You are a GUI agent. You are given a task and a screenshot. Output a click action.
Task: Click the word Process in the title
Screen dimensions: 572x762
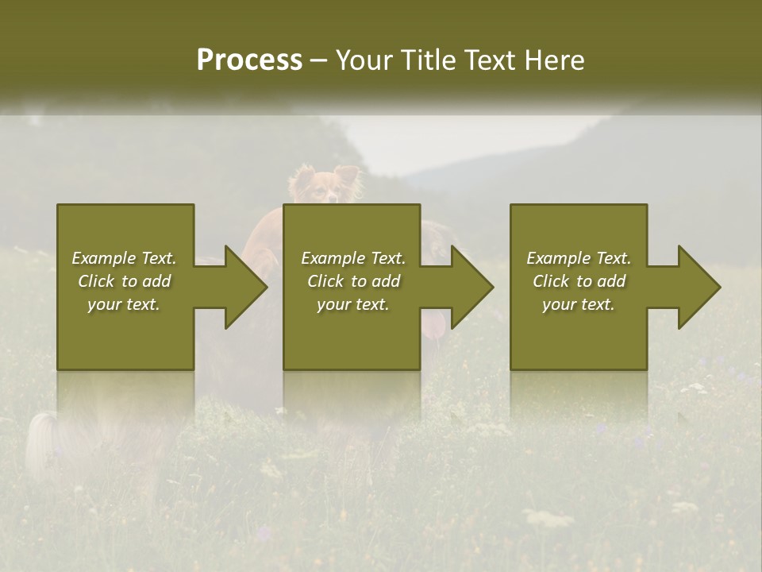(249, 60)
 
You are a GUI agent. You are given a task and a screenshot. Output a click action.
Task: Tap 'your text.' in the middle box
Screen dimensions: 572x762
(352, 304)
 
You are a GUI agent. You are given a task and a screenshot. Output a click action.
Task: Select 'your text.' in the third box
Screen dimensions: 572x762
(578, 304)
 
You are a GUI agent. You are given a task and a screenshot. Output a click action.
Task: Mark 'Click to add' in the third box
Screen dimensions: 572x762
(579, 281)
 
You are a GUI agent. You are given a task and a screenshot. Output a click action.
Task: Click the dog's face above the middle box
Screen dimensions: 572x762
(324, 189)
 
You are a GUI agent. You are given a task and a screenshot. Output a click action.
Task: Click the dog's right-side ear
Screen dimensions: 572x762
(346, 174)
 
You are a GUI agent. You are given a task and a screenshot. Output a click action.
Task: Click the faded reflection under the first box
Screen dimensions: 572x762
(125, 397)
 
